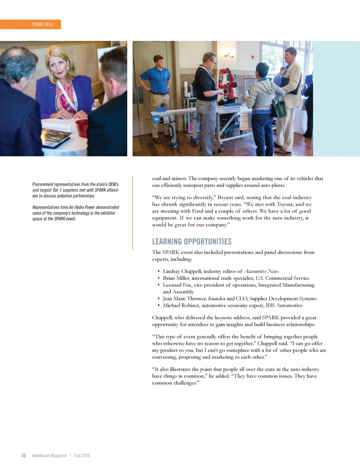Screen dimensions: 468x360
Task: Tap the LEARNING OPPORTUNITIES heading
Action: click(x=192, y=242)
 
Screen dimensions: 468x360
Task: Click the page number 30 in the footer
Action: click(x=24, y=456)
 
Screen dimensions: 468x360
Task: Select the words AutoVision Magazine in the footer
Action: click(x=49, y=456)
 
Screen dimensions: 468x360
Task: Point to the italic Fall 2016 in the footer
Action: click(x=82, y=456)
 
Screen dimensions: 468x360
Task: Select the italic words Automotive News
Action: click(x=261, y=271)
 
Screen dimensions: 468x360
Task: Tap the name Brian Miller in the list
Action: click(x=176, y=278)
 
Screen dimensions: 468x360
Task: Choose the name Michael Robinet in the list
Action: click(x=181, y=305)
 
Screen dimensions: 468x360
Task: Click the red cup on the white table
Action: click(x=82, y=127)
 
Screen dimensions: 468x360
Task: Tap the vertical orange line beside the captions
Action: click(x=133, y=213)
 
